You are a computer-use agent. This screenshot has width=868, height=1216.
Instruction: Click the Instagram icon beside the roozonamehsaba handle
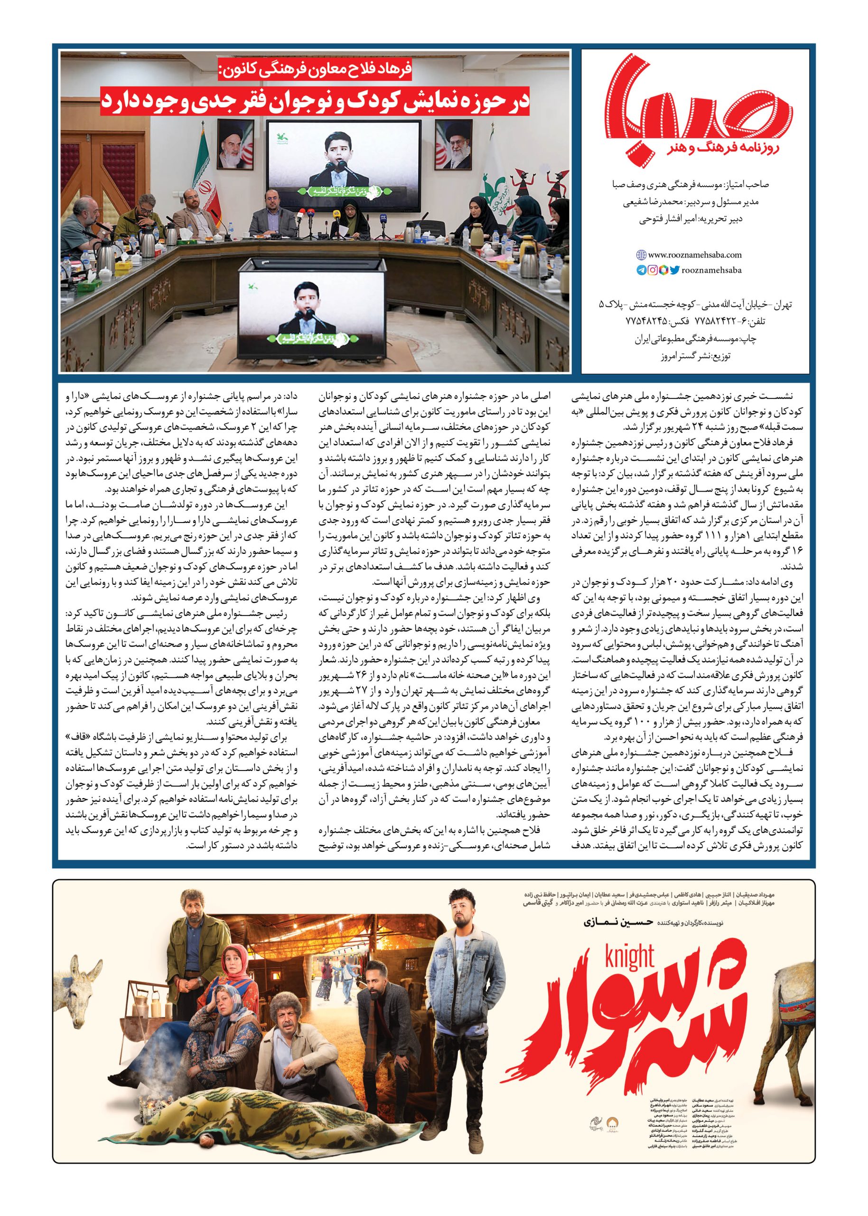point(653,271)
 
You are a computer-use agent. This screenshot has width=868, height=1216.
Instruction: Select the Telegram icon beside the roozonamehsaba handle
point(641,271)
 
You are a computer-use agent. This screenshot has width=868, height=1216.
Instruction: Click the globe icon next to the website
point(641,256)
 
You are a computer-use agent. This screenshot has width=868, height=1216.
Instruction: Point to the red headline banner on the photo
point(315,102)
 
